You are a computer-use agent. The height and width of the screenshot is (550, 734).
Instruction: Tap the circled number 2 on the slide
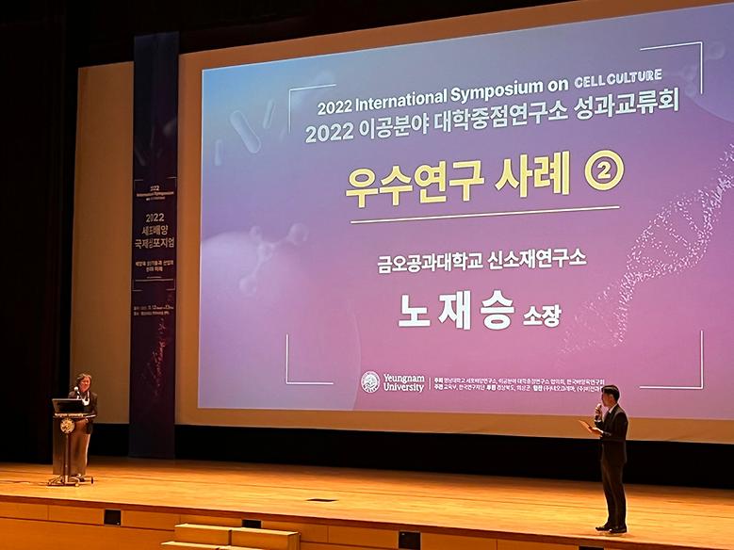pos(604,171)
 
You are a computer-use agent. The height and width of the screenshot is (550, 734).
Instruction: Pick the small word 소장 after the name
pos(541,315)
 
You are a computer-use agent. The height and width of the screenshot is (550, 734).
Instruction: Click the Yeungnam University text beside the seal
pos(404,381)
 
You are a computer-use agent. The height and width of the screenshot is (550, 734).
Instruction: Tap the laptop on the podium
pos(67,406)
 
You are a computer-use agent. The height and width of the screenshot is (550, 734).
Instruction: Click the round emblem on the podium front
pos(67,426)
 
